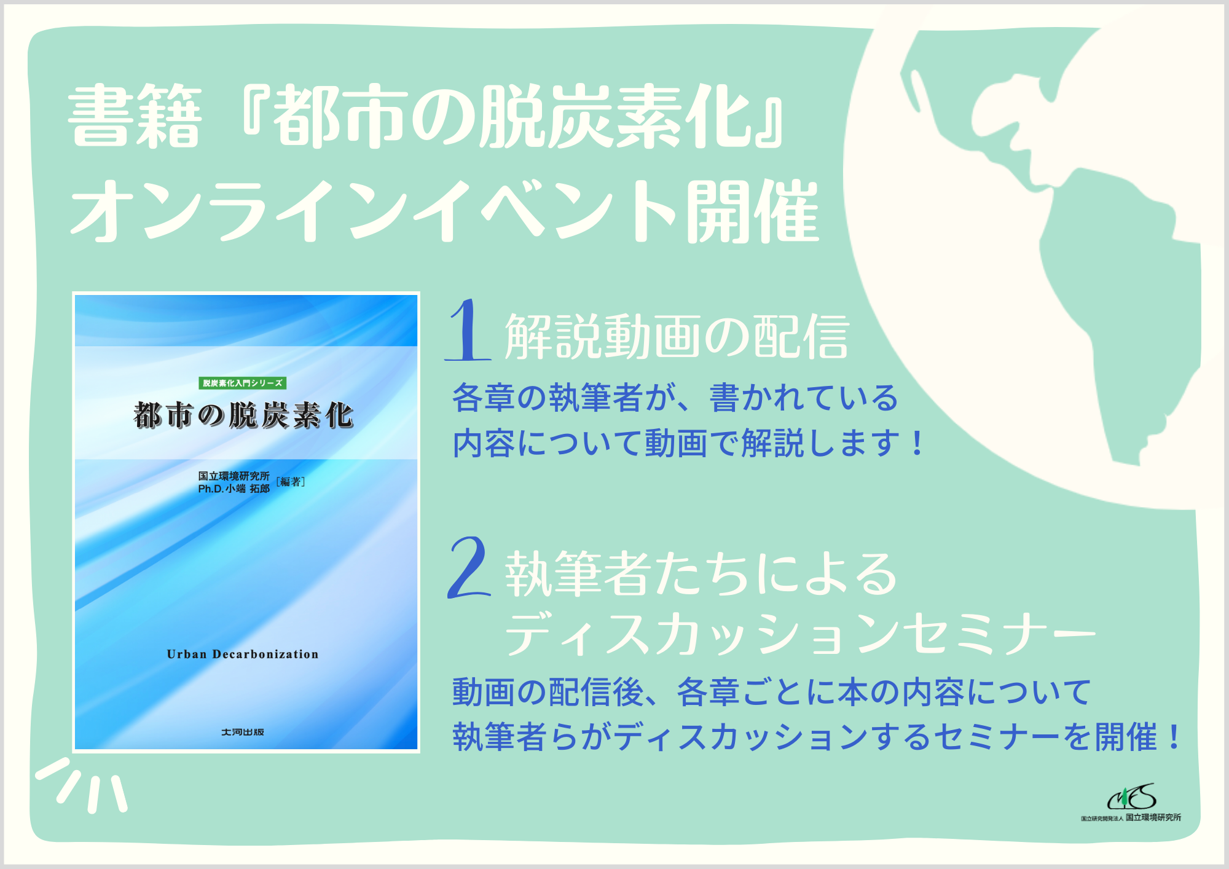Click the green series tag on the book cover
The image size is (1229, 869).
pyautogui.click(x=243, y=383)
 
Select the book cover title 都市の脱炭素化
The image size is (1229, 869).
pyautogui.click(x=243, y=415)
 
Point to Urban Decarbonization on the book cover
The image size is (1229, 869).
pyautogui.click(x=243, y=654)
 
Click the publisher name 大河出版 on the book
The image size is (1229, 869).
pyautogui.click(x=243, y=732)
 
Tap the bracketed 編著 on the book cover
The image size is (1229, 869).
pyautogui.click(x=291, y=482)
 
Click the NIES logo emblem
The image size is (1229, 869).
pyautogui.click(x=1132, y=798)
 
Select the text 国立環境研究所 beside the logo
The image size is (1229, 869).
pyautogui.click(x=1153, y=817)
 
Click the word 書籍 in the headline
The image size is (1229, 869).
pyautogui.click(x=135, y=117)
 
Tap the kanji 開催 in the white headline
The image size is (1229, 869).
pyautogui.click(x=753, y=211)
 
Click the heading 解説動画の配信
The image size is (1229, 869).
pyautogui.click(x=677, y=336)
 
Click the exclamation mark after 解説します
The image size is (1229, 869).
pyautogui.click(x=917, y=443)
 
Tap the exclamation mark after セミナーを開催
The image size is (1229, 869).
pyautogui.click(x=1174, y=736)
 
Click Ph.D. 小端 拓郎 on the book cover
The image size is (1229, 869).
pyautogui.click(x=234, y=489)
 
